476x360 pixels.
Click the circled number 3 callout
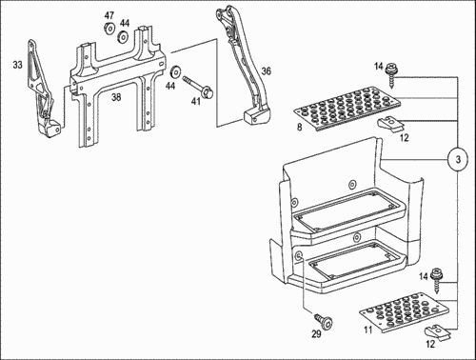coord(458,159)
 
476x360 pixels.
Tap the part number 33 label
coord(18,65)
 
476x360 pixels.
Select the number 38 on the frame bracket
coord(116,97)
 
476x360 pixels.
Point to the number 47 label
coord(109,15)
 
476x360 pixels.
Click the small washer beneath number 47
coord(109,28)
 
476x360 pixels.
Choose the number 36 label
coord(267,71)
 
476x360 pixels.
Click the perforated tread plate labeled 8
coord(347,108)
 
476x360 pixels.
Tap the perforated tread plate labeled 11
coord(405,311)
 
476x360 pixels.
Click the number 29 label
coord(316,334)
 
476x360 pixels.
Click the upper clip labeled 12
coord(390,125)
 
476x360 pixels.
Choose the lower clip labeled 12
coord(437,331)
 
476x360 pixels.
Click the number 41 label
coord(196,101)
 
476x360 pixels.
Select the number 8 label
coord(300,128)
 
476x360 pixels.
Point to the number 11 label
coord(368,330)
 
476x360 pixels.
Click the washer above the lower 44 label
coord(175,72)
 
